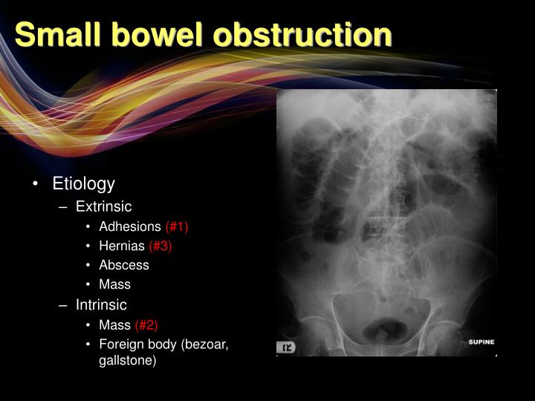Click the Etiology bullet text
[83, 183]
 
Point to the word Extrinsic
[103, 206]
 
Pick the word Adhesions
[130, 226]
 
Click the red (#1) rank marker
[182, 226]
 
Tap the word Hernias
[122, 246]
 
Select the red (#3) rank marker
[160, 246]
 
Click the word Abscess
[124, 265]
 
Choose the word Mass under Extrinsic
[114, 284]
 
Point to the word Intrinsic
[101, 304]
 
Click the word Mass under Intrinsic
[114, 325]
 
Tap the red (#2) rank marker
[146, 325]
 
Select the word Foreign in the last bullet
[120, 344]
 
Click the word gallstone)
[127, 360]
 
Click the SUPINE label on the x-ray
[481, 342]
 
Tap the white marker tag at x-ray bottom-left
[287, 347]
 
